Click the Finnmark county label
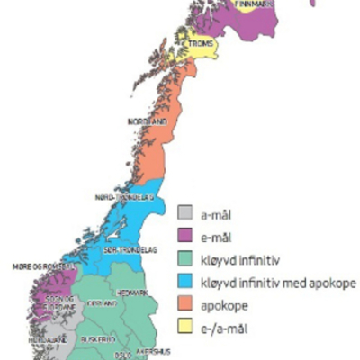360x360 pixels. click(254, 4)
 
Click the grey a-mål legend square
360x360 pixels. click(185, 213)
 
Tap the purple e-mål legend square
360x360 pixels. click(185, 236)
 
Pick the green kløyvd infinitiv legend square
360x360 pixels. click(185, 259)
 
